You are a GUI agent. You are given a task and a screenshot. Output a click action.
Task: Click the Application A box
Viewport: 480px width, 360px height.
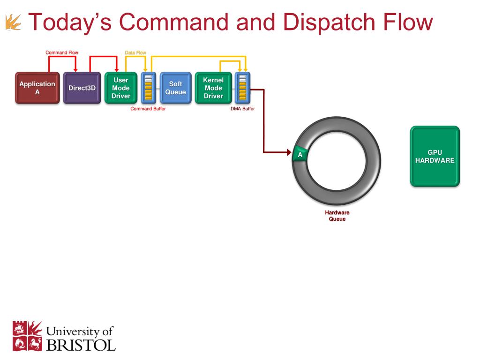coord(37,88)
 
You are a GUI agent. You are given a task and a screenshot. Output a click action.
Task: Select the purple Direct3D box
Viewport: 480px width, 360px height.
coord(82,88)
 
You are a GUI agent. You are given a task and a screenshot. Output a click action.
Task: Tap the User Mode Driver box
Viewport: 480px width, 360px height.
coord(121,88)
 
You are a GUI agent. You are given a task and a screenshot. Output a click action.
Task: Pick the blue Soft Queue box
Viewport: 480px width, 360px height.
coord(175,88)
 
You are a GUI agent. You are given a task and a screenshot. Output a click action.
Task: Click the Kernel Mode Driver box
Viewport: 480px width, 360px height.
coord(213,88)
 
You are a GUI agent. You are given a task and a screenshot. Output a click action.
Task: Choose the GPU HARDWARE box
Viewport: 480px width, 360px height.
coord(435,157)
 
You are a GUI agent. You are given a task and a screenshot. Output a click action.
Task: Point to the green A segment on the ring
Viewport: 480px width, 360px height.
coord(300,154)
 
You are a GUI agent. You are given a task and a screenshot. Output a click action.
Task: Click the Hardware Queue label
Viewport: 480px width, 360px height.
coord(337,216)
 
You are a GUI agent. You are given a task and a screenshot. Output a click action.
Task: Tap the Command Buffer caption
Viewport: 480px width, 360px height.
coord(148,109)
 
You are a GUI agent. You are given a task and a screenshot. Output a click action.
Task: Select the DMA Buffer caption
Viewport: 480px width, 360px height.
coord(242,109)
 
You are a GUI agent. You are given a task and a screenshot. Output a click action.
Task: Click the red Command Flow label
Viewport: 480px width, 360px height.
coord(62,52)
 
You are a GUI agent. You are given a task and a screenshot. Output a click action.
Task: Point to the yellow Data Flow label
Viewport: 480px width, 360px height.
coord(135,52)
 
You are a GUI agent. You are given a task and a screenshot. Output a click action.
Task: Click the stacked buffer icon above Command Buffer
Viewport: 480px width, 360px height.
coord(148,87)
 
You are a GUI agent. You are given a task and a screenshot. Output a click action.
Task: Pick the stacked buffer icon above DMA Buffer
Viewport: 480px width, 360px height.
coord(242,87)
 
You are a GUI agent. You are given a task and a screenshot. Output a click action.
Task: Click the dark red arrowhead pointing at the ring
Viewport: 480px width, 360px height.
coord(289,152)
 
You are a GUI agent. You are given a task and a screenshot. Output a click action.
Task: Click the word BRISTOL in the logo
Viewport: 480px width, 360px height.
coord(81,345)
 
